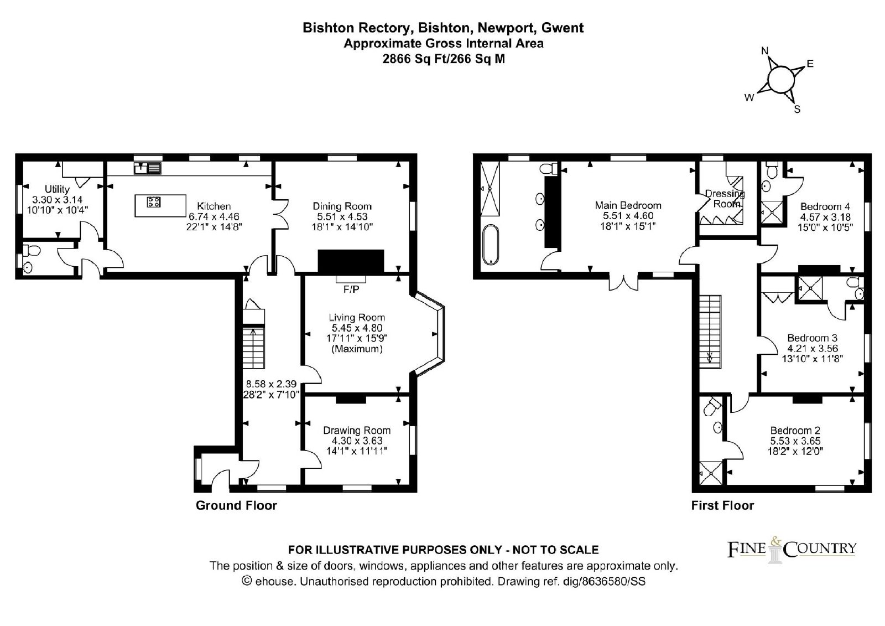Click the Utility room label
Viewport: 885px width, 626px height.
coord(57,189)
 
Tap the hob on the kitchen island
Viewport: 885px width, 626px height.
coord(154,202)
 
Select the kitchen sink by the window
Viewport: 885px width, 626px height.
coord(147,168)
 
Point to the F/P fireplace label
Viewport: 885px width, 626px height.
coord(351,289)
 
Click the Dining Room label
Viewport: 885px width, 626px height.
coord(342,206)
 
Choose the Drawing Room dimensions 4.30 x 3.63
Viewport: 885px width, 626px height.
coord(357,441)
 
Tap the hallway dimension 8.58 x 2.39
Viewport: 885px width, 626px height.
coord(271,384)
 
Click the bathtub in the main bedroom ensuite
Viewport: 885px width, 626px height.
coord(491,245)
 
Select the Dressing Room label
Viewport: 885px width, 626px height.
coord(725,199)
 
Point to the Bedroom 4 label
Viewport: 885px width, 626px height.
coord(825,206)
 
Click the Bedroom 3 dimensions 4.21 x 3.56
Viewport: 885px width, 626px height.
coord(813,348)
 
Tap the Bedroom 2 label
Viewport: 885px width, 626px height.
coord(795,430)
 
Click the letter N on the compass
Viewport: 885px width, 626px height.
coord(765,51)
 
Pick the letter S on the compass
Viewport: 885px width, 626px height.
coord(797,109)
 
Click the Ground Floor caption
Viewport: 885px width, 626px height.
coord(236,505)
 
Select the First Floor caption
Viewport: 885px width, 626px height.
coord(722,505)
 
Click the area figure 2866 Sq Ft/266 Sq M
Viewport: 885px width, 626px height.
coord(444,59)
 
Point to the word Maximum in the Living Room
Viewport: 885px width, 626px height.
coord(357,349)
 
